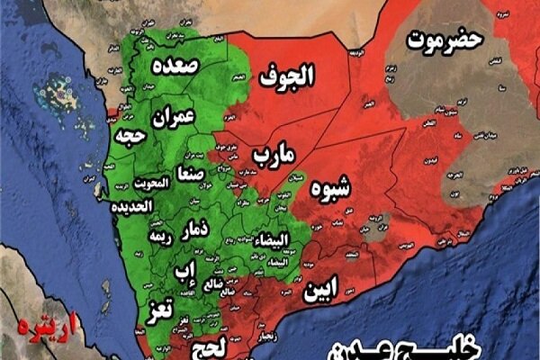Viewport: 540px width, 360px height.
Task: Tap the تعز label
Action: (x=158, y=311)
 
